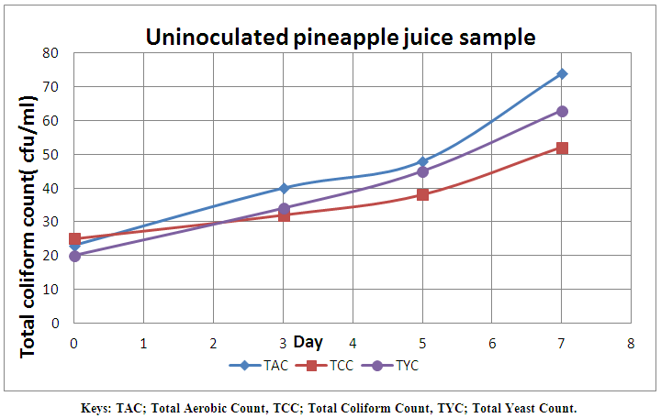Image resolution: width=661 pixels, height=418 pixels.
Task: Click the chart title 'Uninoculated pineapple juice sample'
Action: (x=340, y=38)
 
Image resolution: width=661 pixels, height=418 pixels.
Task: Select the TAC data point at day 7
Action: (x=562, y=73)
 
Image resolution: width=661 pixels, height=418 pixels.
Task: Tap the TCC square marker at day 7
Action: (x=562, y=148)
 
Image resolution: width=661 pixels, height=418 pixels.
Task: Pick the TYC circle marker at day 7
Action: (x=562, y=111)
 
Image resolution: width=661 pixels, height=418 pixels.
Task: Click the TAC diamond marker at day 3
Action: (x=284, y=188)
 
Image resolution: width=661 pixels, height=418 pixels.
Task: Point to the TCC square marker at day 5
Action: (x=422, y=194)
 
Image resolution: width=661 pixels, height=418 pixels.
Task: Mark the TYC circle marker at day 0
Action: (x=74, y=256)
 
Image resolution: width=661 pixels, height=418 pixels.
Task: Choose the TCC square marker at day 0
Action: (x=74, y=239)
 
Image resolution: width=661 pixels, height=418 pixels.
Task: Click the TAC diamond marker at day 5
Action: (x=422, y=161)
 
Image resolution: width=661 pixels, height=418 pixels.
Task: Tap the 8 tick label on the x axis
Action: (x=631, y=342)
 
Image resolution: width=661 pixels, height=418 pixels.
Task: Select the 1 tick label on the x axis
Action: (x=144, y=342)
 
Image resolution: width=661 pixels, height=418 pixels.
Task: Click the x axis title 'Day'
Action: (x=308, y=342)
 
